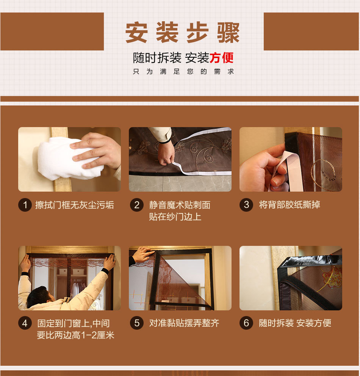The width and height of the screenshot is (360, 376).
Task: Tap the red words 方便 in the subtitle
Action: [x=222, y=58]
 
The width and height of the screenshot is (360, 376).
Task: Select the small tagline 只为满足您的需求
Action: [x=183, y=72]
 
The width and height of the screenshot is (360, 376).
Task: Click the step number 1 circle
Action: [x=25, y=205]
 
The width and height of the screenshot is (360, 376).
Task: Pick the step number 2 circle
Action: [x=136, y=205]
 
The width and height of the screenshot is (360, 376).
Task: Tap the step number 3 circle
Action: [x=246, y=205]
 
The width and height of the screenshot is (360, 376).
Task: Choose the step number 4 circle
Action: [x=25, y=323]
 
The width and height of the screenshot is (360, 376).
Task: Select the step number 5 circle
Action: [x=136, y=323]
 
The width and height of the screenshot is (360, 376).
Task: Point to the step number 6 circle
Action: [x=246, y=323]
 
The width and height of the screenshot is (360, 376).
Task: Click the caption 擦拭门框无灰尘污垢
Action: [x=74, y=205]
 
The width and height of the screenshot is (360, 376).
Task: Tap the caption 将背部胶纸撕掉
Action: [x=290, y=205]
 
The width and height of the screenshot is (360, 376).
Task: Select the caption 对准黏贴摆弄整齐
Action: [x=184, y=323]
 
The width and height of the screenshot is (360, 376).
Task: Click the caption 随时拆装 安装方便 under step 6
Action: [x=295, y=323]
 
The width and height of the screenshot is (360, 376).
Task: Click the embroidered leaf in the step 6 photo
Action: [x=332, y=276]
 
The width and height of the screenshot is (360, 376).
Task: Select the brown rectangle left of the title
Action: [x=52, y=31]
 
